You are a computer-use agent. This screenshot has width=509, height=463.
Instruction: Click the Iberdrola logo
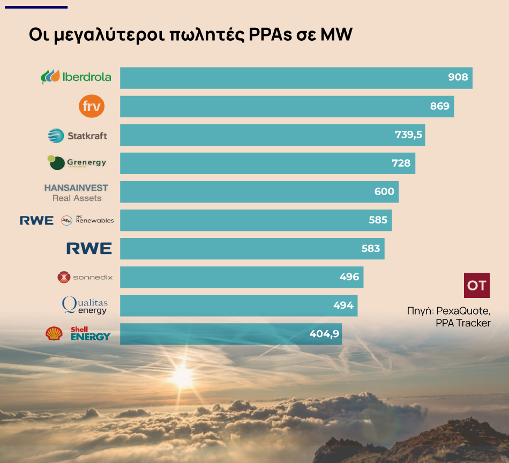point(76,77)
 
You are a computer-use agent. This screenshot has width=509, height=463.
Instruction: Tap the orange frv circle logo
point(92,106)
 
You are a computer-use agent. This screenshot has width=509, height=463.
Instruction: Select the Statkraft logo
point(78,136)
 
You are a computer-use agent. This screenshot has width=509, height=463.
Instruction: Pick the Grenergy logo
point(77,162)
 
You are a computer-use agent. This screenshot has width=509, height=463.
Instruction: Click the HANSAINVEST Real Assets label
point(76,192)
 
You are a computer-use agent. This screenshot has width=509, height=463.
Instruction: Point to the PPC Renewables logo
point(87,220)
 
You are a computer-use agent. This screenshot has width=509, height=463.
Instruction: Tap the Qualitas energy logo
point(85,305)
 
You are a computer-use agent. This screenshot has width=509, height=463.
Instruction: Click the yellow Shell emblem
point(54,334)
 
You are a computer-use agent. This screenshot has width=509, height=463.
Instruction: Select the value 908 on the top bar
point(458,78)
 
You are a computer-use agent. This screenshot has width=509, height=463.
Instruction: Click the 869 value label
point(439,106)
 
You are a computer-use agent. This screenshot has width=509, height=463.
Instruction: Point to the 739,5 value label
point(408,135)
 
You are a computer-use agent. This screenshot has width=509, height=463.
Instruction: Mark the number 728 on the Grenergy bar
point(401,163)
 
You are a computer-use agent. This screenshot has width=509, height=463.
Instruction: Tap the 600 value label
point(384,192)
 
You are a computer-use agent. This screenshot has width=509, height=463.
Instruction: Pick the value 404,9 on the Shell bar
point(324,334)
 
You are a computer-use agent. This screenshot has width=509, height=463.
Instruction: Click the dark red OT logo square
point(476,285)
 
